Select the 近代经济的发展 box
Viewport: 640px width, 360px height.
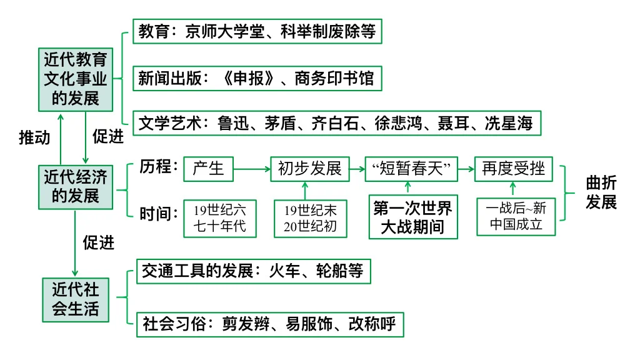75,186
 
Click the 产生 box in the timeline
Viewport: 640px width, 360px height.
208,169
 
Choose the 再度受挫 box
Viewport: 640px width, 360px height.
513,169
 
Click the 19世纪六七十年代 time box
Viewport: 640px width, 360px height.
219,218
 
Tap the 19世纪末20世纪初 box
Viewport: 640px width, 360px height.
309,218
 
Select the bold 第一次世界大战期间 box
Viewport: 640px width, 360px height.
412,217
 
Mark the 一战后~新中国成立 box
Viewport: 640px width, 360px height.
516,217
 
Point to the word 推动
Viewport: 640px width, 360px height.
34,137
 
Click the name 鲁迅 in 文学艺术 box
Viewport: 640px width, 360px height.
232,124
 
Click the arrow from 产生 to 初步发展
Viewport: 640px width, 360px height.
251,169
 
